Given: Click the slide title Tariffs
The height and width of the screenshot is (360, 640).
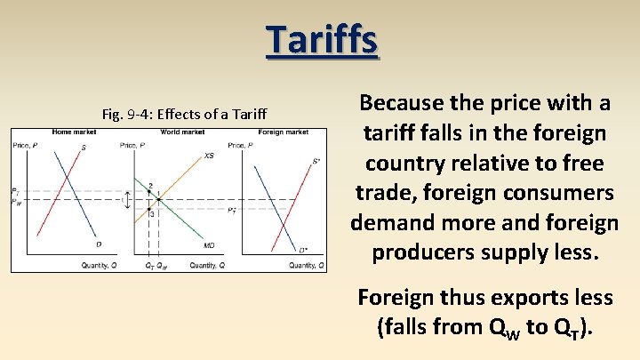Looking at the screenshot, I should click(x=322, y=40).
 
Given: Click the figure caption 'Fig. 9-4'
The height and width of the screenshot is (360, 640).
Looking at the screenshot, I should click(x=192, y=114).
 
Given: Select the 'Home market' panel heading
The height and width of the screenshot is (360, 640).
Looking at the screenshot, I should click(x=74, y=132).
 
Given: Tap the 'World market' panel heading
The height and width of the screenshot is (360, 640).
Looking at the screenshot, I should click(x=182, y=132).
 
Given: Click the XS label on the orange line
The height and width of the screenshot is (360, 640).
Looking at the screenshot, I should click(x=209, y=156).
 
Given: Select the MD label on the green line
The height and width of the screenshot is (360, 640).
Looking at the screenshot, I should click(x=209, y=245).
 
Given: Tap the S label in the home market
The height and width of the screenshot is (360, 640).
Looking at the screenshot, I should click(x=84, y=148).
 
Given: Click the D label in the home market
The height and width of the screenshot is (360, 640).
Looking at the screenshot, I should click(x=98, y=245).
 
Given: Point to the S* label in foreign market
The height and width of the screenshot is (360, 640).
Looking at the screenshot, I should click(x=316, y=162).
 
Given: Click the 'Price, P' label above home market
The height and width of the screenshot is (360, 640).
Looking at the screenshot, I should click(x=25, y=145).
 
